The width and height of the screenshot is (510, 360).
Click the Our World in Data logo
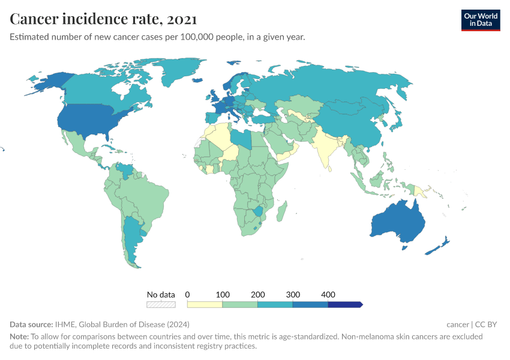[480, 20]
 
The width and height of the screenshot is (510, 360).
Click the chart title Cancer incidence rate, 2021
[103, 19]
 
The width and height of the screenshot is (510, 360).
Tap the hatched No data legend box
[161, 305]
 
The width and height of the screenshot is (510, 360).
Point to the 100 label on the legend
[223, 295]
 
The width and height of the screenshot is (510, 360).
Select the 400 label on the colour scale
[328, 295]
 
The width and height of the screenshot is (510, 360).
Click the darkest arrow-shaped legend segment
[345, 305]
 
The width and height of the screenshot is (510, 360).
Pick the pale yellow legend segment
[205, 305]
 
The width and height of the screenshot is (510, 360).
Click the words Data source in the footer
[31, 325]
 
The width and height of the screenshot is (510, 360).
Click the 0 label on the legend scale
[188, 295]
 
